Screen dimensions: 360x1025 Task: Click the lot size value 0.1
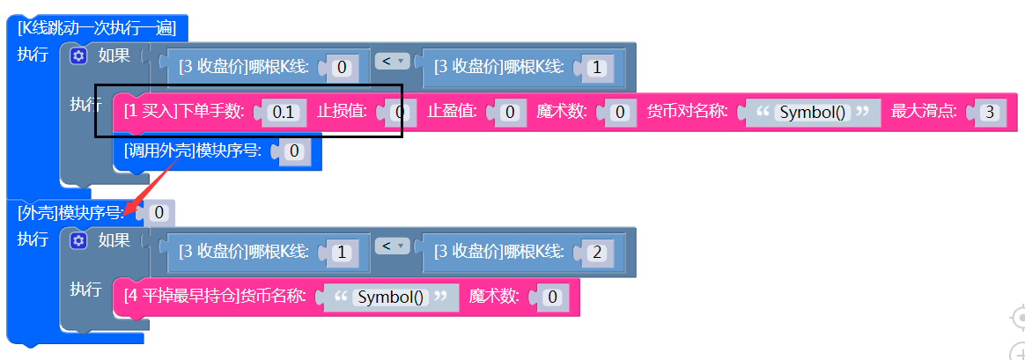[284, 113]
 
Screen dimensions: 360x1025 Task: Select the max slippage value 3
[991, 113]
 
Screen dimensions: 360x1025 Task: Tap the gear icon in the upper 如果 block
[79, 56]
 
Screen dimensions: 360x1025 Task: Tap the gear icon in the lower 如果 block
[79, 240]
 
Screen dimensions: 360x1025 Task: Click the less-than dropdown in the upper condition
[393, 62]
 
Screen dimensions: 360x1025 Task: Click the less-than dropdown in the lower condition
[393, 246]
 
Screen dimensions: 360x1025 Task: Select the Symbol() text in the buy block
[814, 113]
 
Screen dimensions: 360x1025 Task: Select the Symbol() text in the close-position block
[392, 298]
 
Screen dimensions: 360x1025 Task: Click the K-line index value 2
[597, 253]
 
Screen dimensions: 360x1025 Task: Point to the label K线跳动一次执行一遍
[97, 28]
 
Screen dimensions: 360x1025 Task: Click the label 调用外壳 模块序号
[192, 151]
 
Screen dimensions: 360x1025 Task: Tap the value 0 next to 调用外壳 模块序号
[294, 151]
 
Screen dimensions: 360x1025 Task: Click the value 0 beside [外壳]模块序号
[159, 212]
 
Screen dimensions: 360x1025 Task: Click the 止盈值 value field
[510, 113]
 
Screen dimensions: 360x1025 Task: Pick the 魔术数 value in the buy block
[620, 113]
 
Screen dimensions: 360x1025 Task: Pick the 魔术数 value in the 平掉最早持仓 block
[552, 298]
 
